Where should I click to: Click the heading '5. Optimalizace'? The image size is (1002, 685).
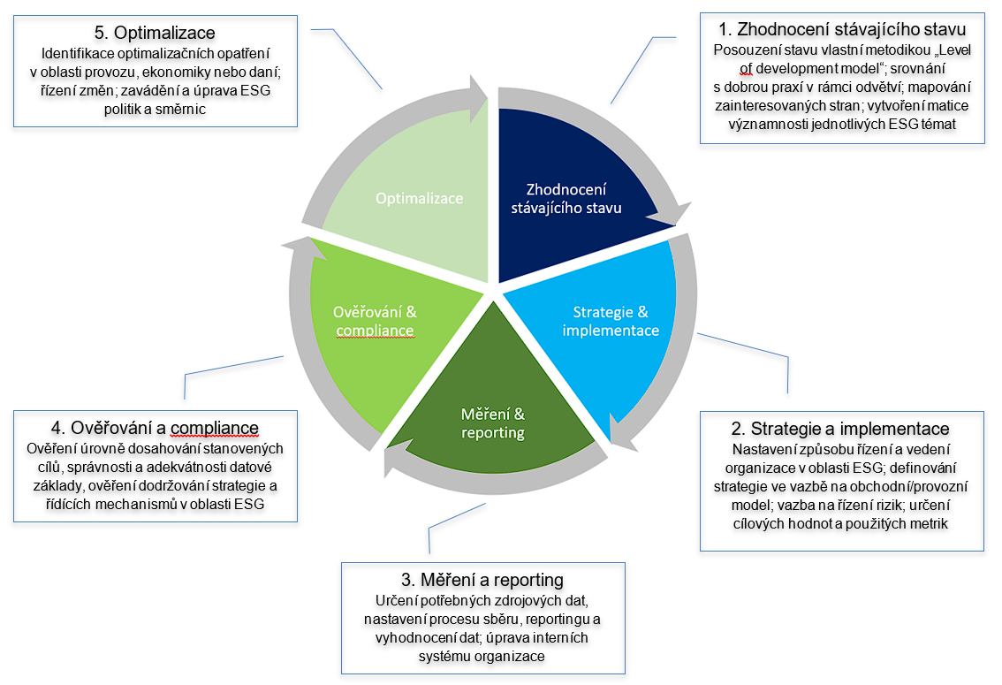154,34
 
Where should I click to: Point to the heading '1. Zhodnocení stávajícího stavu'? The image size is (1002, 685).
841,28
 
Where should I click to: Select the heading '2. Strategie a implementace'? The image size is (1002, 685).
840,429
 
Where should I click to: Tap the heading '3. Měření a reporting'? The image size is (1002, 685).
482,580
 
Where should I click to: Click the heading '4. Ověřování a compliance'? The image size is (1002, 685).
154,429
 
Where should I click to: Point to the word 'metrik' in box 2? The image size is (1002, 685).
927,524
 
